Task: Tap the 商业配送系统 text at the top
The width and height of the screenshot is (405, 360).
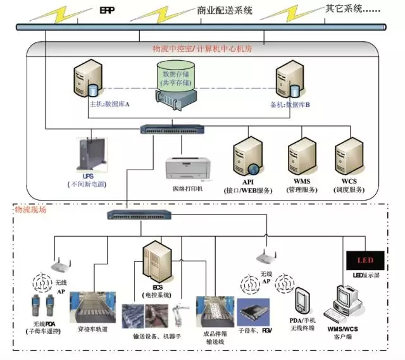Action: click(x=225, y=11)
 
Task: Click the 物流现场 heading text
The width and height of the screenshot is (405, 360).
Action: click(x=30, y=208)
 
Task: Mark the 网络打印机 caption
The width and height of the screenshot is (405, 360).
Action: click(x=188, y=189)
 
